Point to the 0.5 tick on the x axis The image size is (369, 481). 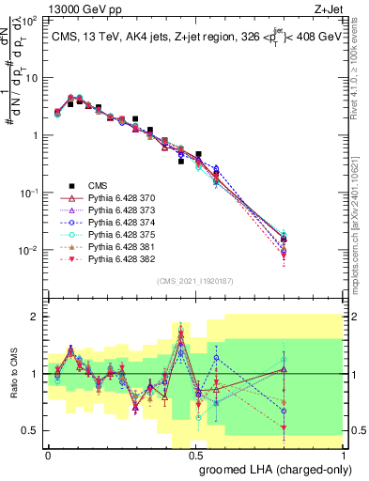click(x=196, y=454)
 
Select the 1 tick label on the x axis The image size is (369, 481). click(x=344, y=454)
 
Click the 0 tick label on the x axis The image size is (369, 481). click(x=48, y=454)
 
